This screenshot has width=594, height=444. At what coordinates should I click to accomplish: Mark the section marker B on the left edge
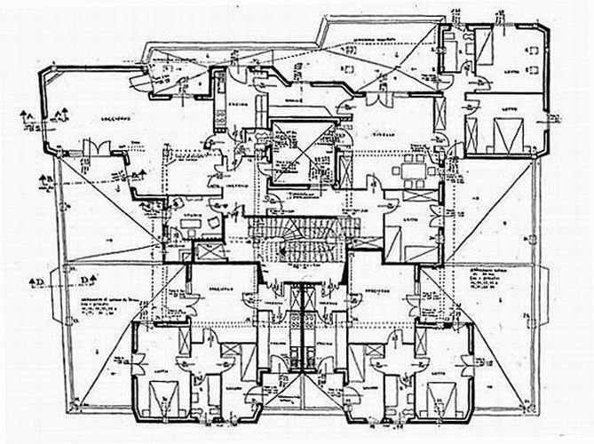(44, 182)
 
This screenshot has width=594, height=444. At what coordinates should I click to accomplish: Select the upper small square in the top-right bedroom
(533, 48)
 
